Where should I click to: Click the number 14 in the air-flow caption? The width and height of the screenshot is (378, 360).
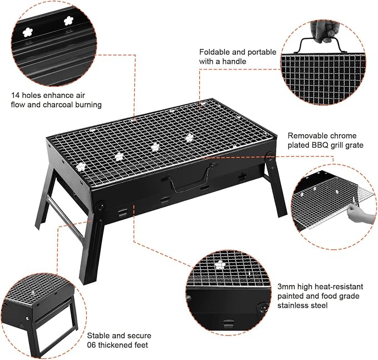(15, 95)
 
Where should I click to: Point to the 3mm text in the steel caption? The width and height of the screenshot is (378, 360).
(286, 287)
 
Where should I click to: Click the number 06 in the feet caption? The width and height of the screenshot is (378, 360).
(91, 345)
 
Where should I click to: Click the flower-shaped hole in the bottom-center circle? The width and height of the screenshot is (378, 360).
(220, 265)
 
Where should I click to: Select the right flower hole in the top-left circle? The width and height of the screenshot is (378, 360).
(68, 21)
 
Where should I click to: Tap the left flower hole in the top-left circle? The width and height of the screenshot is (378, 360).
(28, 32)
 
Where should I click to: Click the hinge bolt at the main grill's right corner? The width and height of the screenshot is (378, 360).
(269, 155)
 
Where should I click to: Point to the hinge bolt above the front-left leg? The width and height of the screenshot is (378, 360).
(100, 207)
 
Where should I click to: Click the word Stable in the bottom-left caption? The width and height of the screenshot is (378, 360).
(98, 336)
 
